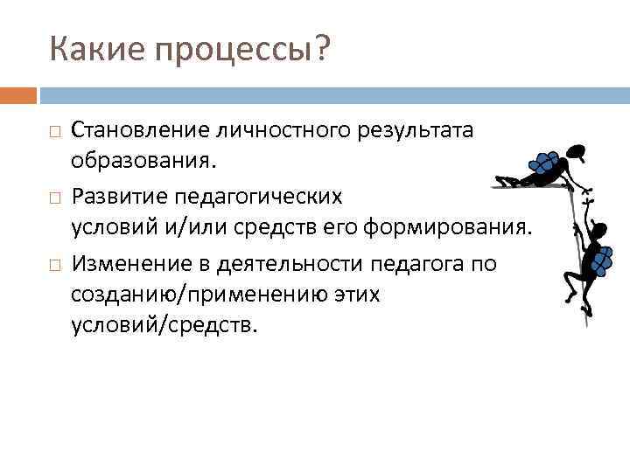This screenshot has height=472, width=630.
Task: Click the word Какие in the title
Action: [x=97, y=51]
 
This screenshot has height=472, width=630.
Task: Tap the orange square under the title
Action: [x=18, y=94]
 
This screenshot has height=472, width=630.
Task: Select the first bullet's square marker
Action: [x=54, y=132]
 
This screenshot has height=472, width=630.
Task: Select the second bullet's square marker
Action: [x=54, y=197]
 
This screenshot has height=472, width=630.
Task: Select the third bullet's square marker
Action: [x=54, y=261]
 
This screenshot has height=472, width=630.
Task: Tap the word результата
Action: [x=418, y=130]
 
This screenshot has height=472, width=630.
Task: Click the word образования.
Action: [x=143, y=163]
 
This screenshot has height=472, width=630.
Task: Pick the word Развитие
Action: [x=115, y=195]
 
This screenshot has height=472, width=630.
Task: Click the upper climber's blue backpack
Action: [x=545, y=163]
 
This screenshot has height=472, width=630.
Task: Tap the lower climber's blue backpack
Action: [x=603, y=258]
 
